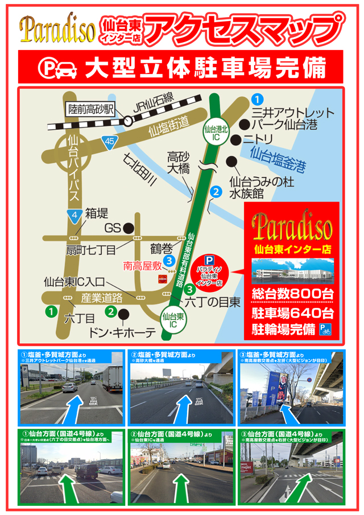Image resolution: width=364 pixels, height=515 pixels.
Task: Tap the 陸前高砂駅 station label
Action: [92, 108]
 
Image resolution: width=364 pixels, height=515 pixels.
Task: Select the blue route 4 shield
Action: [70, 214]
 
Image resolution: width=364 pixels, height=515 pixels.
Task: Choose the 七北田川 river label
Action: [140, 170]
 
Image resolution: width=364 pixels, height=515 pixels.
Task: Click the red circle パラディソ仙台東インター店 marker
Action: [208, 271]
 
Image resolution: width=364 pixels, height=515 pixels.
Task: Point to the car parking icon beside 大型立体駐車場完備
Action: [57, 67]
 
